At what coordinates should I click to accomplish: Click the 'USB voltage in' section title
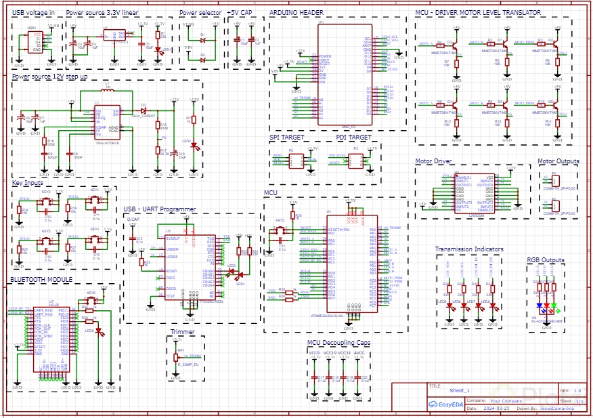pyautogui.click(x=33, y=13)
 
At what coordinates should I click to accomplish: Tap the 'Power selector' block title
pyautogui.click(x=200, y=13)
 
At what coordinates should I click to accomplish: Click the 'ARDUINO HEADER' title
pyautogui.click(x=296, y=13)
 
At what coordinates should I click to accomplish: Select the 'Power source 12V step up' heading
pyautogui.click(x=49, y=77)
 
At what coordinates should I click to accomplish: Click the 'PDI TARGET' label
pyautogui.click(x=353, y=138)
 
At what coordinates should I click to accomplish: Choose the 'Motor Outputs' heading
pyautogui.click(x=558, y=161)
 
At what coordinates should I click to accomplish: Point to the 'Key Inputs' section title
pyautogui.click(x=28, y=182)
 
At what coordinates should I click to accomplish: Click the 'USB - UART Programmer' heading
pyautogui.click(x=160, y=209)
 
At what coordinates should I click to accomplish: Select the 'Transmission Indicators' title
pyautogui.click(x=469, y=249)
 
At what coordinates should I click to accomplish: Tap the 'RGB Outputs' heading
pyautogui.click(x=545, y=259)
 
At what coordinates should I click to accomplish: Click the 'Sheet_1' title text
pyautogui.click(x=459, y=391)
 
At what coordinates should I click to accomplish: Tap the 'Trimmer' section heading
pyautogui.click(x=183, y=332)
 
